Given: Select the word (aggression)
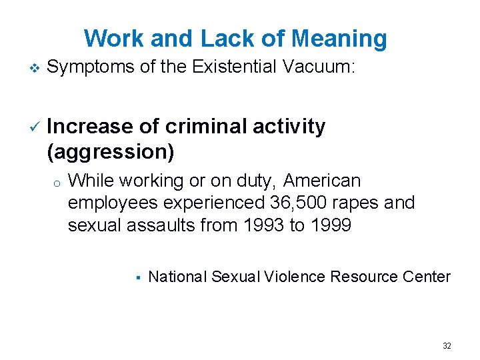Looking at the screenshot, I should (x=111, y=151).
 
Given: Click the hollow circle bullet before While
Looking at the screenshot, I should (x=59, y=183).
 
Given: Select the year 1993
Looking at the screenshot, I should (x=264, y=225).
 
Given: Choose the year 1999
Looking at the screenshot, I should (x=329, y=225).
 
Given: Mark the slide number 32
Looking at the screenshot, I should (x=447, y=346).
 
